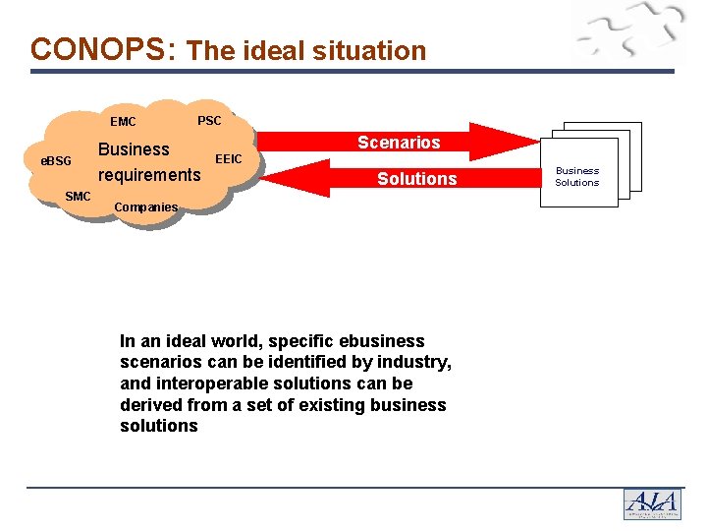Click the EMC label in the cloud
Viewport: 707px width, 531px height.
click(x=124, y=123)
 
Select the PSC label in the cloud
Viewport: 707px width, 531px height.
click(x=209, y=121)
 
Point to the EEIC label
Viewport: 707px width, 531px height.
click(x=229, y=157)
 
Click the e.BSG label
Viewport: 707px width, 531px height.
click(x=56, y=160)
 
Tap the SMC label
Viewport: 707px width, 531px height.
click(x=78, y=197)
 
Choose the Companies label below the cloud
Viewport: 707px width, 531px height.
click(x=146, y=207)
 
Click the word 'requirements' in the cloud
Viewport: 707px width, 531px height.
click(x=149, y=175)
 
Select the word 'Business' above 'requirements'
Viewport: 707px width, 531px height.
click(x=134, y=149)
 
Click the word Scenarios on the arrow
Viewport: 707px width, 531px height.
click(x=399, y=143)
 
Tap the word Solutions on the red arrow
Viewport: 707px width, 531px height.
click(x=417, y=179)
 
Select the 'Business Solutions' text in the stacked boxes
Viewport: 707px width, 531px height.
click(x=577, y=176)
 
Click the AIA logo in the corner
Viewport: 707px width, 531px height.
click(x=652, y=503)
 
